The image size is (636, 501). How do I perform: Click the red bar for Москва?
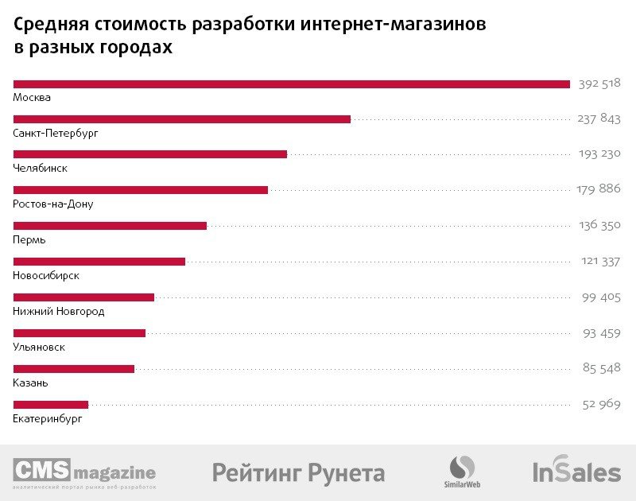click(x=291, y=83)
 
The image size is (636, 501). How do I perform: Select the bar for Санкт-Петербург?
click(x=181, y=119)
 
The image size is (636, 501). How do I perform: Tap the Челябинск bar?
click(x=149, y=154)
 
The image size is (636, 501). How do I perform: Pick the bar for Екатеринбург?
click(x=50, y=404)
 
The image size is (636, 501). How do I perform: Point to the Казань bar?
click(x=73, y=368)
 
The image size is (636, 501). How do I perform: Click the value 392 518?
click(x=599, y=83)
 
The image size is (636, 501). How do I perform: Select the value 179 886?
click(x=598, y=189)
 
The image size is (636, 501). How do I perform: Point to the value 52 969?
click(x=601, y=404)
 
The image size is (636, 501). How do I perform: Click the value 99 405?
click(x=600, y=297)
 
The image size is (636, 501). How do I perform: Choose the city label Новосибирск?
click(x=46, y=276)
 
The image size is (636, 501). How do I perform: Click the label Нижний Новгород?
click(x=59, y=312)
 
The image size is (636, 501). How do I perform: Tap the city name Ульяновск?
click(x=39, y=348)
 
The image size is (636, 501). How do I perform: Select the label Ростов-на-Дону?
click(x=53, y=204)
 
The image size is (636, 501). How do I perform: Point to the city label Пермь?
click(x=29, y=240)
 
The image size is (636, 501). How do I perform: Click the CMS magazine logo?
click(x=84, y=473)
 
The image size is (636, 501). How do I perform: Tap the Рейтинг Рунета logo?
click(x=298, y=473)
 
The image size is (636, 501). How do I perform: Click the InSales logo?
click(x=576, y=472)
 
